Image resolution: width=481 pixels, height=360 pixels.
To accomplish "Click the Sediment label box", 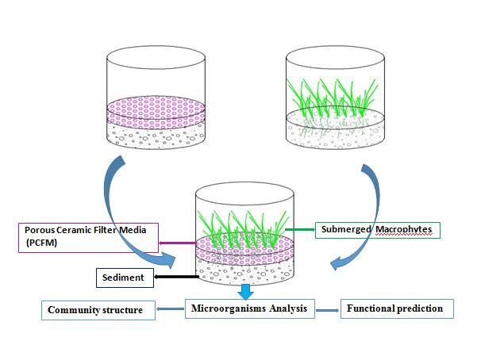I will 123,278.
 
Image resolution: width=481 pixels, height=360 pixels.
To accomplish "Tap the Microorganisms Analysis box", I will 250,308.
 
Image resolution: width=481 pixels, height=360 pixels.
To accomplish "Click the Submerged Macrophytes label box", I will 378,230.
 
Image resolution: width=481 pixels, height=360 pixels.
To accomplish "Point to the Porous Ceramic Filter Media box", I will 87,236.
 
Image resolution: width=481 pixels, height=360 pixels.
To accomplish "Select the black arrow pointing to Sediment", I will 175,278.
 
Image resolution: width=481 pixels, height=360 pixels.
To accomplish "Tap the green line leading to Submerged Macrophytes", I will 300,230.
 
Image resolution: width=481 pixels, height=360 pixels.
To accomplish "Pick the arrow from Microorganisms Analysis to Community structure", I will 171,309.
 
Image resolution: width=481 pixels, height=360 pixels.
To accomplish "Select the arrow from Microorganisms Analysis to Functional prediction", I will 326,308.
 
